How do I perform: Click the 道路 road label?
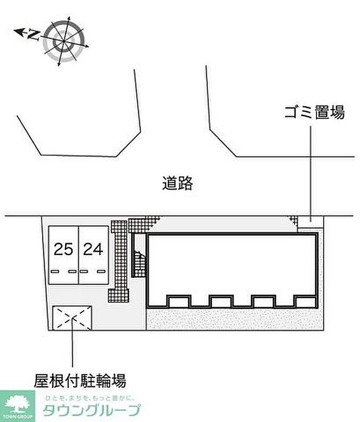(x=177, y=183)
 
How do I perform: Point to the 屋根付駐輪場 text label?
(x=80, y=381)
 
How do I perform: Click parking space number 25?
(x=63, y=250)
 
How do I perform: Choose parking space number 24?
(x=93, y=250)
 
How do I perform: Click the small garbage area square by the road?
(x=311, y=221)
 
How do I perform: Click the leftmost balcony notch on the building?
(x=179, y=301)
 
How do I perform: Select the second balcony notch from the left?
(x=221, y=301)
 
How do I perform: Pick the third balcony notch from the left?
(x=263, y=301)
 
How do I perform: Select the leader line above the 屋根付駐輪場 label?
(x=73, y=350)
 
